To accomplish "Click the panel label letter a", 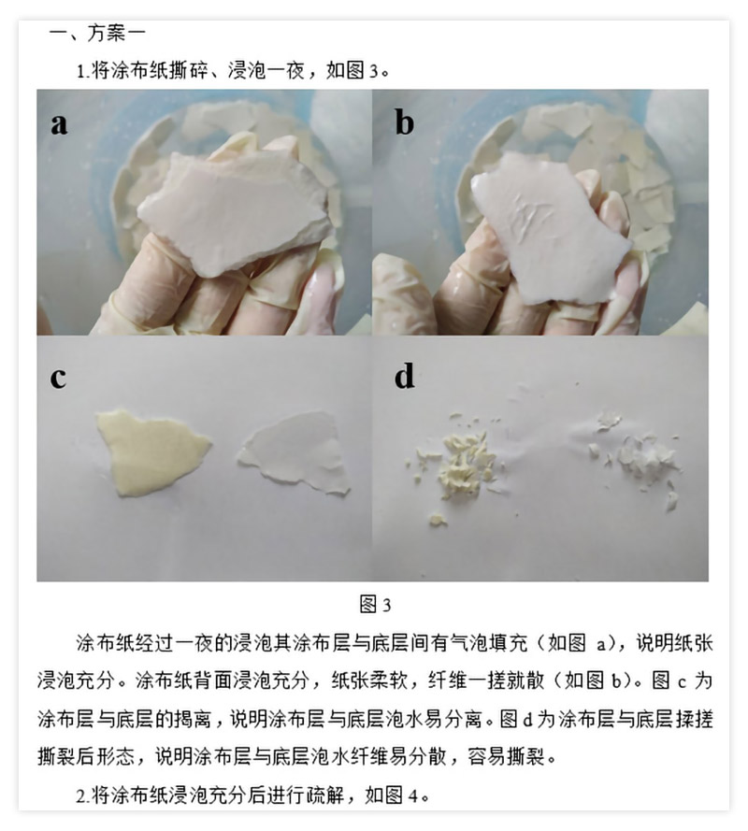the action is (59, 123).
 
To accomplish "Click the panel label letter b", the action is (404, 122).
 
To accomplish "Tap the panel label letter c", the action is (58, 378).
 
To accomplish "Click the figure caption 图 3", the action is (375, 604).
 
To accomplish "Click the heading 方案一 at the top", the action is (116, 34).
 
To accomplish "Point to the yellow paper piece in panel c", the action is (152, 451).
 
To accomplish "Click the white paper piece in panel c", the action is (295, 452).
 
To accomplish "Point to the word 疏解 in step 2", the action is (324, 795).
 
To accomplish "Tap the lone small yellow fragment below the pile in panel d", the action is (438, 520).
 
